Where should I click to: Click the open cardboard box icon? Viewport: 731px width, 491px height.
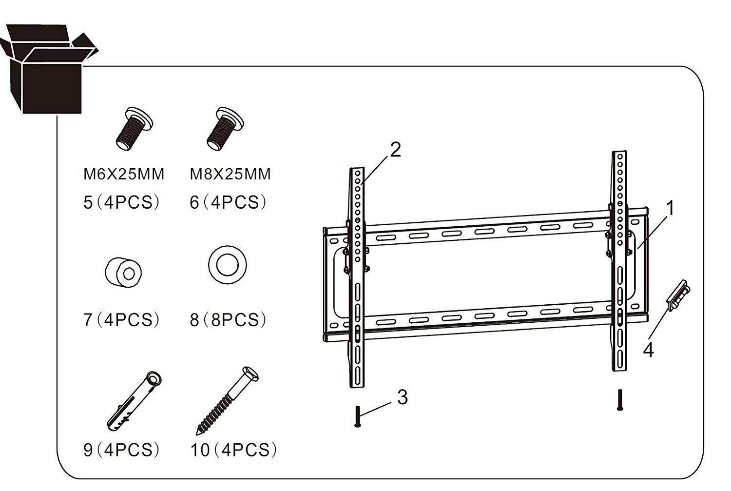point(49,71)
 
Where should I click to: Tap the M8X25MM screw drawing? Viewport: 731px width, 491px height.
point(225,128)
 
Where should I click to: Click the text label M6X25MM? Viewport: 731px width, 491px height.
point(124,174)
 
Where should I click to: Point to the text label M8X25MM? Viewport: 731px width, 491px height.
point(230,174)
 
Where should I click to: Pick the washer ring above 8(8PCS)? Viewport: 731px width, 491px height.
point(227,264)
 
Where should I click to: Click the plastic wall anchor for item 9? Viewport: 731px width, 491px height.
point(135,399)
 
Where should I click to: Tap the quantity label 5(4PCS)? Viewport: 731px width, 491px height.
point(121,202)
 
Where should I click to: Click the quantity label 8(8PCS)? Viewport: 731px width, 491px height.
point(228,320)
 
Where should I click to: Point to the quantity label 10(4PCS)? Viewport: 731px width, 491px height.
point(233,450)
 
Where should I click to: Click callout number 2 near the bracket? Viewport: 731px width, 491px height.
point(395,150)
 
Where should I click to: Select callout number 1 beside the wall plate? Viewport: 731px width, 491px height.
point(671,208)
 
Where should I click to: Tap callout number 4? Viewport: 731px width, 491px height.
point(648,350)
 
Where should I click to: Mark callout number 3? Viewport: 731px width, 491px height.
point(402,397)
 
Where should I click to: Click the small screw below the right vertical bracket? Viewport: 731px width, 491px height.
point(619,400)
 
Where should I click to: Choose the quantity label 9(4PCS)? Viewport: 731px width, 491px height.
point(121,450)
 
